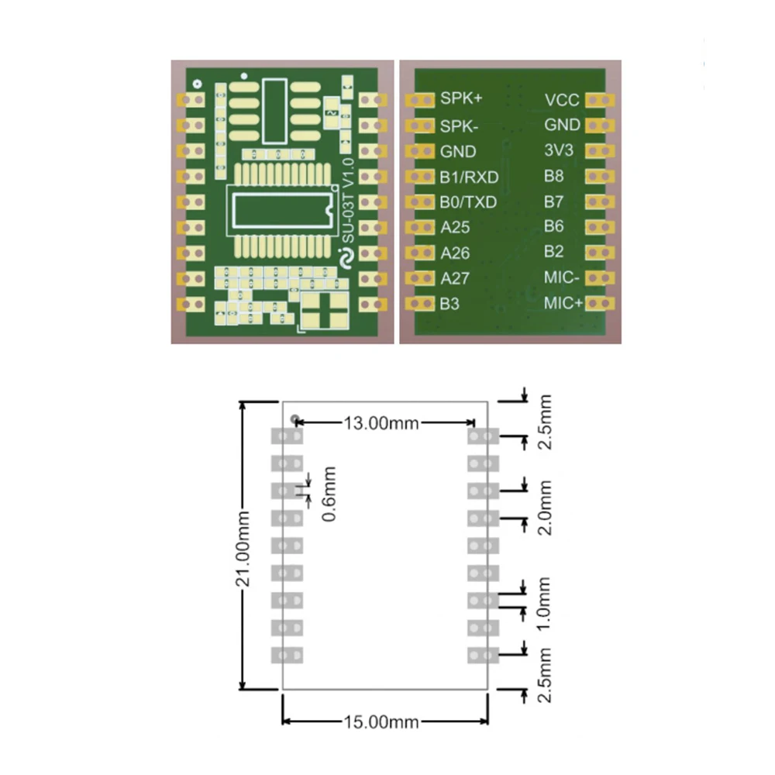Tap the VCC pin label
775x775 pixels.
(562, 100)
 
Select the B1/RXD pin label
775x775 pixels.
(469, 177)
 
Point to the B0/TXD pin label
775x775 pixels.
(468, 202)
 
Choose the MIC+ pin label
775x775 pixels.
(563, 303)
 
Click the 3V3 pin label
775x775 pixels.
(559, 150)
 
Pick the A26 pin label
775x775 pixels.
(455, 253)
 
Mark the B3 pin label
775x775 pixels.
(449, 304)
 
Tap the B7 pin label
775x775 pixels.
(553, 201)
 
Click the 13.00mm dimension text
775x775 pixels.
(381, 422)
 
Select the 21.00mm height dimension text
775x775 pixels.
(244, 546)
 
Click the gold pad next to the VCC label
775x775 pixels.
(599, 100)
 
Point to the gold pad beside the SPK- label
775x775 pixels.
(422, 126)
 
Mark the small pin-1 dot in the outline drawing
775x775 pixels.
(294, 419)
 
